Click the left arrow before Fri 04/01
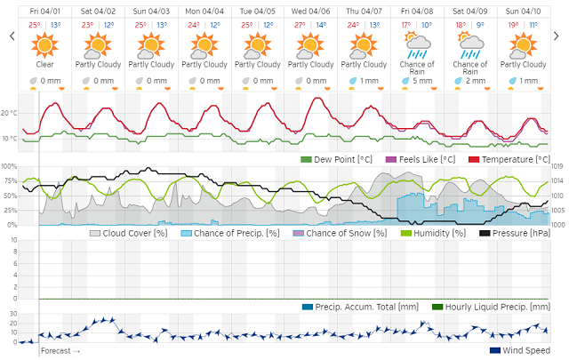pyautogui.click(x=12, y=36)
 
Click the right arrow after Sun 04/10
pyautogui.click(x=558, y=36)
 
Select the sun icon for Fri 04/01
pyautogui.click(x=44, y=43)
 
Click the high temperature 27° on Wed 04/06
pyautogui.click(x=301, y=24)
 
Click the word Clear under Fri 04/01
pyautogui.click(x=44, y=64)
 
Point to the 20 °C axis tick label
pyautogui.click(x=9, y=114)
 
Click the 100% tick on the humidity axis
pyautogui.click(x=8, y=166)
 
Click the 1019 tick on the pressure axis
pyautogui.click(x=559, y=166)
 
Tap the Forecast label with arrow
pyautogui.click(x=60, y=351)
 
